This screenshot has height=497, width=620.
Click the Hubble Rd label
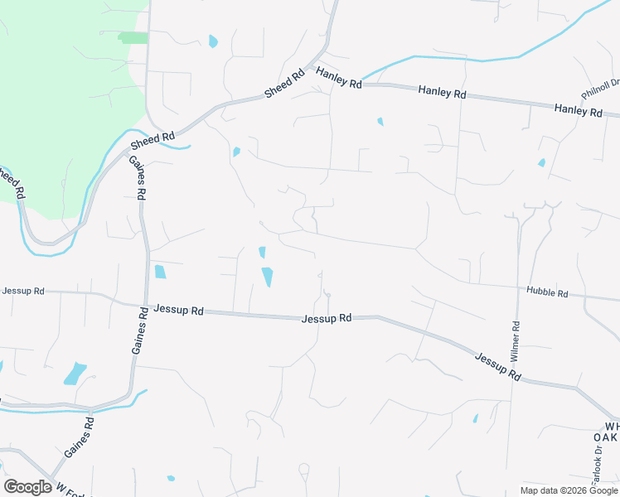point(546,293)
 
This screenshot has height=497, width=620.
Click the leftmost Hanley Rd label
point(339,80)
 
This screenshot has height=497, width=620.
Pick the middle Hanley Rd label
point(442,92)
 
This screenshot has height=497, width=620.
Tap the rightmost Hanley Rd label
point(579,109)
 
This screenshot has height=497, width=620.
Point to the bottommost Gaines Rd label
point(78,438)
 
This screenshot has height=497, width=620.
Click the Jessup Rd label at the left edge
point(22,292)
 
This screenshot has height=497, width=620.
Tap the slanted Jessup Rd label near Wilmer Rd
point(497,366)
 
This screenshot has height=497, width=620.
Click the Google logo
point(27,487)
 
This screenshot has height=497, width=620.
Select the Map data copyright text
point(569,490)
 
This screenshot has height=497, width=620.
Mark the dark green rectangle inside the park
point(133,38)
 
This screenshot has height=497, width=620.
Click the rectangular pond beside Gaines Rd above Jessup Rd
point(160,272)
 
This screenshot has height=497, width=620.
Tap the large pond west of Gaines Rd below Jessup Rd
point(75,373)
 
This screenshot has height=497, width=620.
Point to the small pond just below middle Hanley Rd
point(380,122)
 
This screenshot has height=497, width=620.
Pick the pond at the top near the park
point(213,41)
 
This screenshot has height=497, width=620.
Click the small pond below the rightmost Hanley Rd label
point(541,162)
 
